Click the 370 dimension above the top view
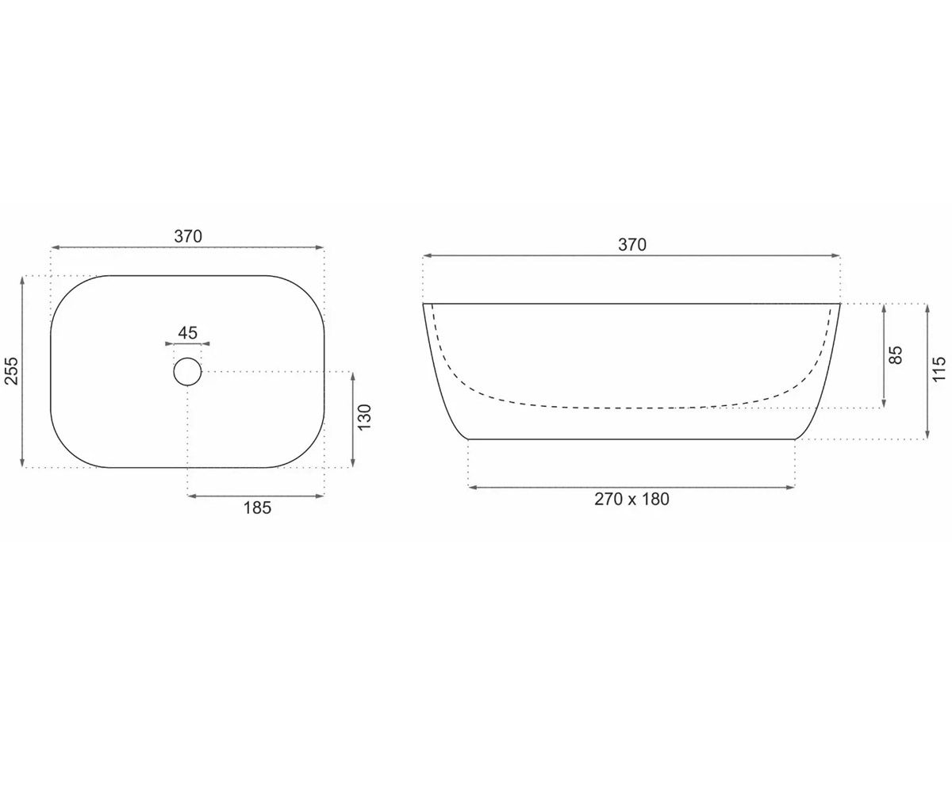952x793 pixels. point(188,236)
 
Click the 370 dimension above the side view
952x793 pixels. point(632,245)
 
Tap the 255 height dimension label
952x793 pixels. point(12,371)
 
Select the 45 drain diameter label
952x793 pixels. point(187,333)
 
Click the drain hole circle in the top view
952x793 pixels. point(187,358)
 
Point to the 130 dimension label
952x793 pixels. point(365,417)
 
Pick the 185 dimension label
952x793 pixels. point(257,508)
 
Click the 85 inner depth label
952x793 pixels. point(896,355)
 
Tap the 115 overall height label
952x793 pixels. point(939,370)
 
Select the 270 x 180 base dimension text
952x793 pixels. point(631,499)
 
